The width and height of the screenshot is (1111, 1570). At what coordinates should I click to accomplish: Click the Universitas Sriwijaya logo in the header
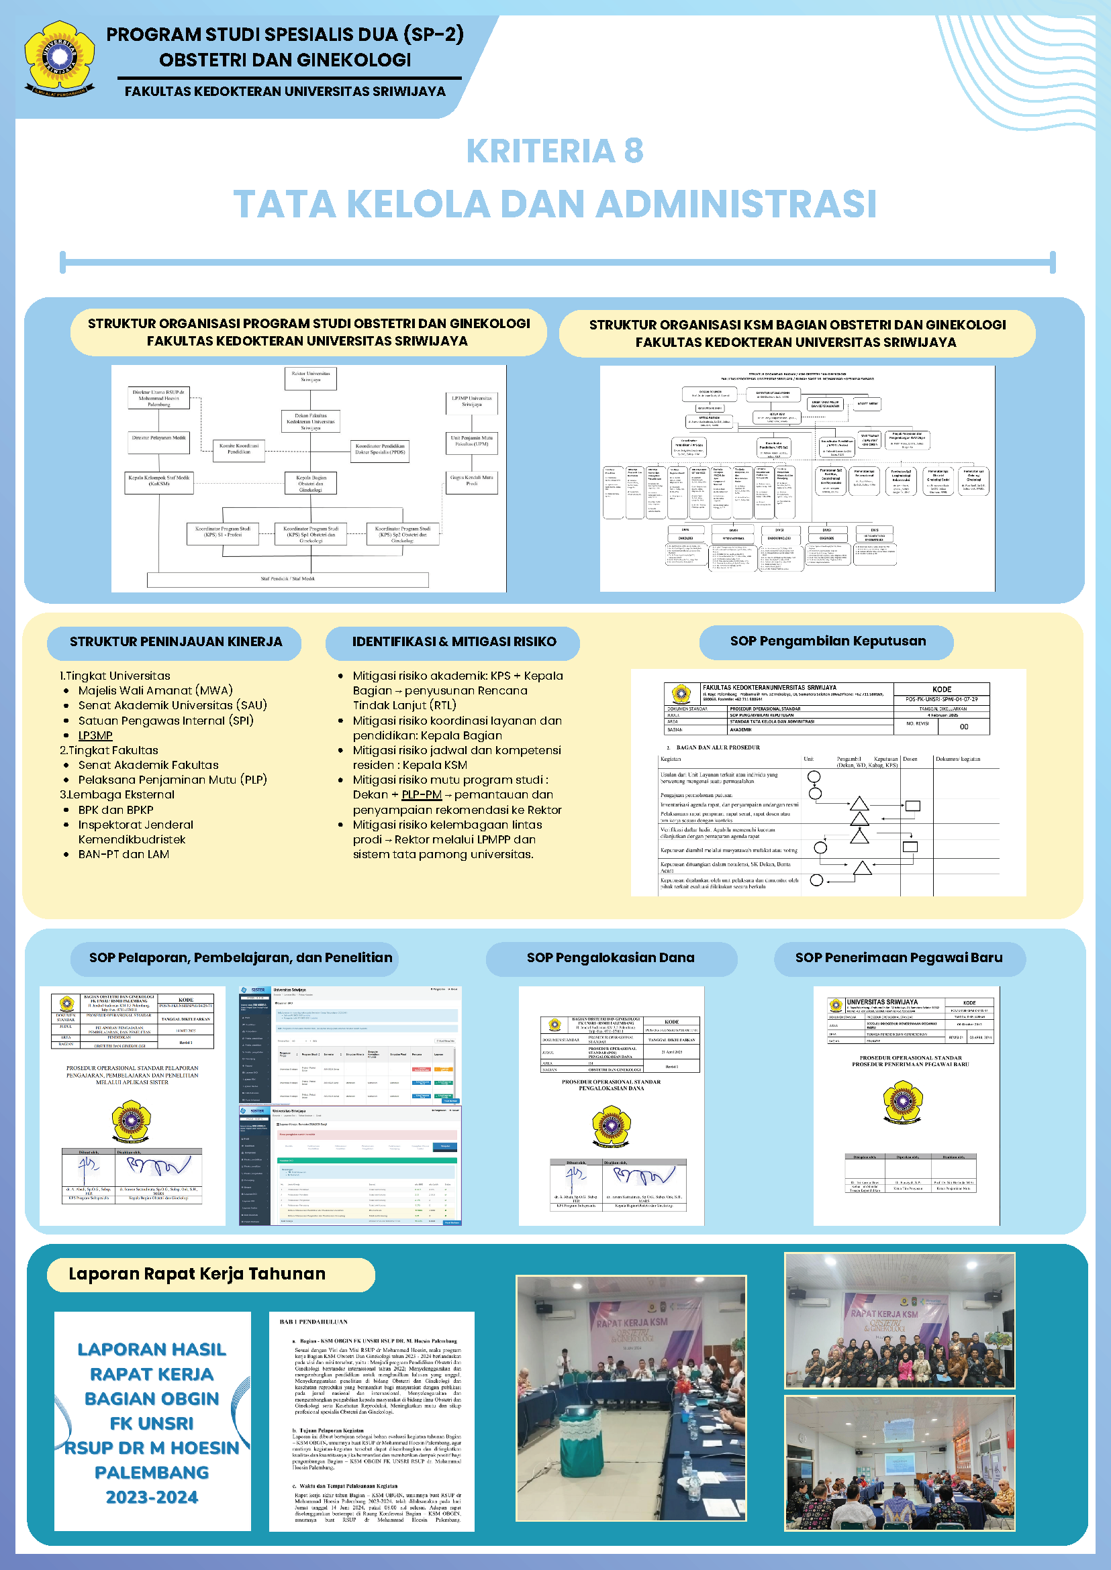click(60, 58)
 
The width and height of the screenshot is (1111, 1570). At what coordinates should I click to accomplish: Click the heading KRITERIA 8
click(554, 151)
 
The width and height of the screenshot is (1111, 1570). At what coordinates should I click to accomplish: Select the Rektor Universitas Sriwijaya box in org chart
click(311, 378)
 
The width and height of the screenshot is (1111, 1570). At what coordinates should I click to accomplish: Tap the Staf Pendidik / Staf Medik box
click(287, 579)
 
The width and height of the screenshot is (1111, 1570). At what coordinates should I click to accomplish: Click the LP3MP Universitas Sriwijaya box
click(471, 402)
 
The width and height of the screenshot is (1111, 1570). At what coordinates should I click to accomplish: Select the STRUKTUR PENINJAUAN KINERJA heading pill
click(175, 642)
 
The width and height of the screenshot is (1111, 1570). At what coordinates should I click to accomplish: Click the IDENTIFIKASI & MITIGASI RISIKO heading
click(454, 642)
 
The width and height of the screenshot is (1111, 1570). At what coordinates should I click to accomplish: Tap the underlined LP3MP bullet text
click(95, 736)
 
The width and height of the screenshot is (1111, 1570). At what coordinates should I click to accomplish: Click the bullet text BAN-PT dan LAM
click(124, 855)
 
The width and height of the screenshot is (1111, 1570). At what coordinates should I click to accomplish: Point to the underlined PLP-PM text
click(422, 794)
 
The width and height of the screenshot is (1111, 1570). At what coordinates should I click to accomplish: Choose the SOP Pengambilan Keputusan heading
click(827, 641)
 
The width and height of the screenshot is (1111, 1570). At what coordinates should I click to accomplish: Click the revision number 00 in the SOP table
click(963, 727)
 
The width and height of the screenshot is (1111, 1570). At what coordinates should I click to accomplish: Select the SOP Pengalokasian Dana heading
click(610, 958)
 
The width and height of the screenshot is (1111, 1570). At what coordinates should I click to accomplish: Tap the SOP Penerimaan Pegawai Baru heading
click(898, 958)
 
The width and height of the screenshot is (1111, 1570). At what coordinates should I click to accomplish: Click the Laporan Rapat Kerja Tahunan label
click(197, 1274)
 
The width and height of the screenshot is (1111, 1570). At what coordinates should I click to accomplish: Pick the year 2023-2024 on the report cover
click(152, 1498)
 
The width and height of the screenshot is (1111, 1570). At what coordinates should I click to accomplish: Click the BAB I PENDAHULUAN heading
click(313, 1322)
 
